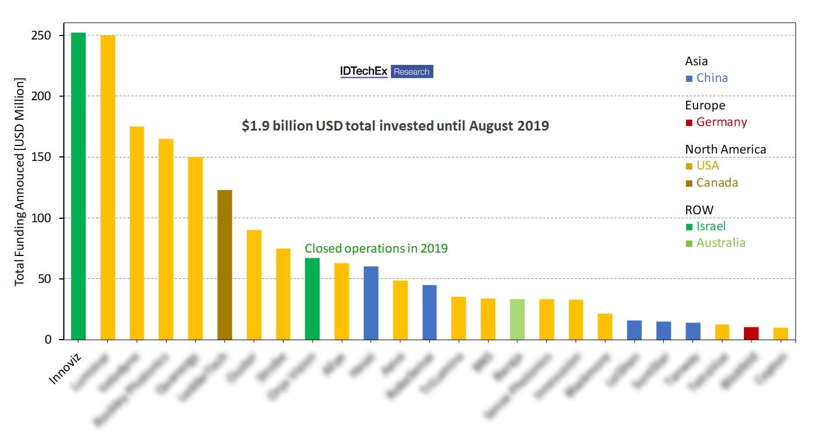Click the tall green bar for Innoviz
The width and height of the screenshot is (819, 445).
pyautogui.click(x=78, y=186)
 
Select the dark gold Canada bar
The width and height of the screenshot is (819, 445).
pyautogui.click(x=225, y=265)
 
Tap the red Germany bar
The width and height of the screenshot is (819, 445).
pyautogui.click(x=751, y=333)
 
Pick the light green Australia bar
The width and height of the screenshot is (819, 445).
pyautogui.click(x=517, y=320)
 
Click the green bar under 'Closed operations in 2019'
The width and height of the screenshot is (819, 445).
pyautogui.click(x=312, y=299)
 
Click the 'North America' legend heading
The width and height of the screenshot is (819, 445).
pyautogui.click(x=725, y=149)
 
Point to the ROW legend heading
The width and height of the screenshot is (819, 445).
pyautogui.click(x=699, y=210)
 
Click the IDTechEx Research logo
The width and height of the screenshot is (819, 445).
pyautogui.click(x=387, y=72)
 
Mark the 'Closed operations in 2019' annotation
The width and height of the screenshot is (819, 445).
pyautogui.click(x=376, y=249)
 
